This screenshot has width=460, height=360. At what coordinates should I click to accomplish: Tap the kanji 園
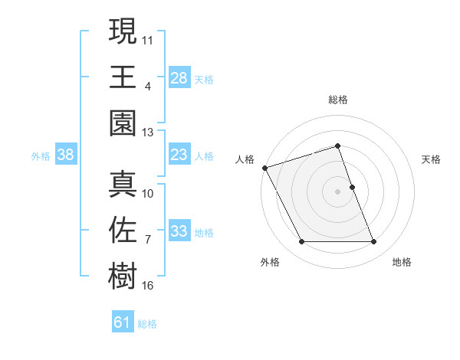coord(123,124)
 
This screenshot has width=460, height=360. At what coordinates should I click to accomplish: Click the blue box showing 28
coord(179,77)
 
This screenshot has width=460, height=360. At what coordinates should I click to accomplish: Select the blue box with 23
coord(179,155)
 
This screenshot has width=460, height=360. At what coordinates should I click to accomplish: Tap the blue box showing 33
coord(179,232)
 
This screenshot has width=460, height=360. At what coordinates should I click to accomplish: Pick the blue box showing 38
coord(66,155)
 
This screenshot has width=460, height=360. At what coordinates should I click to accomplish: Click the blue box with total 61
coord(123,322)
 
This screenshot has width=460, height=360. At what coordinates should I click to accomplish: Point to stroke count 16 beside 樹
coord(148,286)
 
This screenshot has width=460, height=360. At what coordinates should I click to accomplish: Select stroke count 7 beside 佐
coord(147,240)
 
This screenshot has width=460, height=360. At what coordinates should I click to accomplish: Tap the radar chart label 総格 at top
coord(338,100)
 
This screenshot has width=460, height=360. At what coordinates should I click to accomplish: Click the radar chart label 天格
coord(432,159)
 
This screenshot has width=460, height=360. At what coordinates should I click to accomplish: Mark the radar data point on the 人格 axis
coord(265,168)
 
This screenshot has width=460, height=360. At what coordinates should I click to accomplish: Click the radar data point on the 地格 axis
coord(374,242)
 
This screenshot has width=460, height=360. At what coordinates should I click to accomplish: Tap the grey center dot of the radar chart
coord(338,191)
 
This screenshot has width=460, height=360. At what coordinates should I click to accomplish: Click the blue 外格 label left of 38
coord(41,155)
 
